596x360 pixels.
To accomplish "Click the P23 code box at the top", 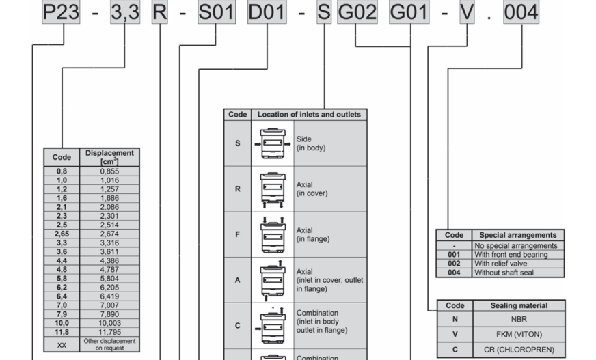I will point(61,13).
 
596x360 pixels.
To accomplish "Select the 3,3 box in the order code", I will point(125,13).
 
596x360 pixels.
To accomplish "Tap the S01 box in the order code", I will point(216,13).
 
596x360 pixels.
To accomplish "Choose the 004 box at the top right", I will point(521,13).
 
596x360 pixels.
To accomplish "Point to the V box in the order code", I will point(467,13).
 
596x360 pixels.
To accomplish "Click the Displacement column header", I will point(110,156).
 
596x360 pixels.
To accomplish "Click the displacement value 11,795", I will point(110,331).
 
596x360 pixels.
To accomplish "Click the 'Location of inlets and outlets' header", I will point(309,115).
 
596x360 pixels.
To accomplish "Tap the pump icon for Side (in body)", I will point(272,143).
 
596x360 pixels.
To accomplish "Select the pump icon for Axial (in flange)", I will point(272,234).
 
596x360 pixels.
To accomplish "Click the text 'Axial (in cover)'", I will point(313,189).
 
